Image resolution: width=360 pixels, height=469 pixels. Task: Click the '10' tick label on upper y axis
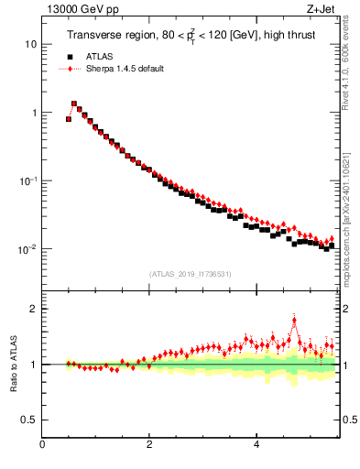30,44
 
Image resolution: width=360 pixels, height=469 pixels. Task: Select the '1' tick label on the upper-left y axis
33,113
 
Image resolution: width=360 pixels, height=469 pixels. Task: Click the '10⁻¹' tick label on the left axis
27,180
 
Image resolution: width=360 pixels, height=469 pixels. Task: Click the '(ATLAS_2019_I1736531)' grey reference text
191,274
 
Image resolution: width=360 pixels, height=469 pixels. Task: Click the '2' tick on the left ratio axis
33,309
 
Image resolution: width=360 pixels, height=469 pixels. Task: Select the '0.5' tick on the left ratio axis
29,420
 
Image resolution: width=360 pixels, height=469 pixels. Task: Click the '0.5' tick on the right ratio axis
349,420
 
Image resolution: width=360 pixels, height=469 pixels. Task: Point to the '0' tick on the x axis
42,444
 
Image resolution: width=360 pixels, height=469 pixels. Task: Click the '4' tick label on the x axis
256,444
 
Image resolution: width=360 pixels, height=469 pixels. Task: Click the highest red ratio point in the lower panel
294,320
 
